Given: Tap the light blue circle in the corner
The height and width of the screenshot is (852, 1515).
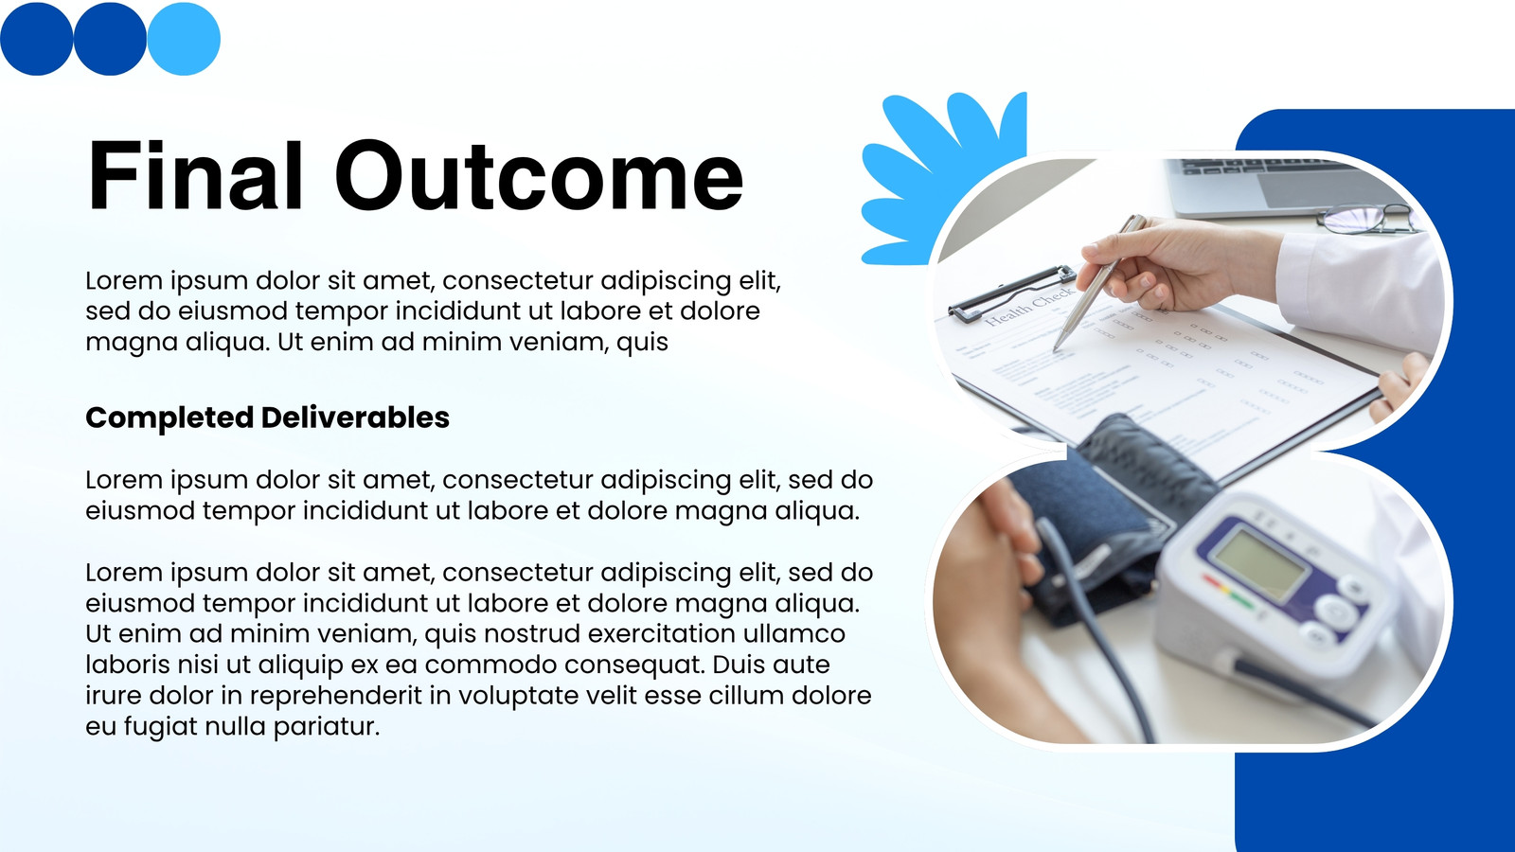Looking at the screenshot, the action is [x=184, y=39].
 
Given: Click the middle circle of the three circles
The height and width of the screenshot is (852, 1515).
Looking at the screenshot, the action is [x=110, y=39].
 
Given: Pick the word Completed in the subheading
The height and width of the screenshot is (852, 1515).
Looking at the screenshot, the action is [x=169, y=418].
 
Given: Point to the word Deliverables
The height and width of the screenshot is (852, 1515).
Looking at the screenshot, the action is [x=355, y=417].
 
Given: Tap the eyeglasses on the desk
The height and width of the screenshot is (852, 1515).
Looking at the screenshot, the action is [x=1367, y=219].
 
